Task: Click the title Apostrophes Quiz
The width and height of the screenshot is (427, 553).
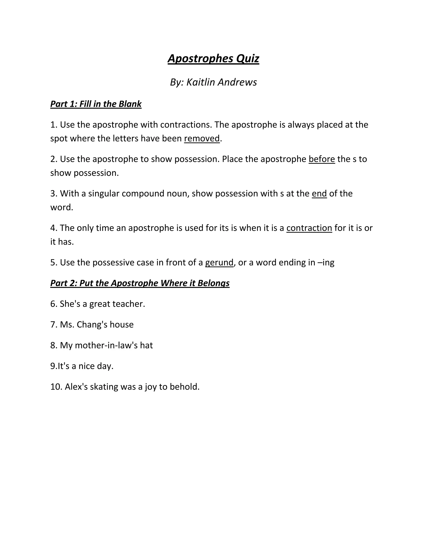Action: [x=213, y=58]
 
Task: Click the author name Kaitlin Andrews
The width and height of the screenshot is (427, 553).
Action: [x=221, y=82]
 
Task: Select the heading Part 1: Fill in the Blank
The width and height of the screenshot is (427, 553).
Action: [x=96, y=104]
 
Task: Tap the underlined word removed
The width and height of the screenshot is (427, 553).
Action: [x=202, y=139]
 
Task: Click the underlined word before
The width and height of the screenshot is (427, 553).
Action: [x=322, y=159]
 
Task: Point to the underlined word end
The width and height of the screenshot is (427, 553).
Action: [x=319, y=193]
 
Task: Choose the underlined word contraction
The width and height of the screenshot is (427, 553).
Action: [x=309, y=228]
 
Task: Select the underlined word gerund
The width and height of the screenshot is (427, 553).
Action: [x=219, y=263]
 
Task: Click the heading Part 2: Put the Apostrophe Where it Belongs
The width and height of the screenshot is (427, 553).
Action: [x=140, y=283]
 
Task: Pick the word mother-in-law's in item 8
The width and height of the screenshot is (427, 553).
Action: [x=106, y=345]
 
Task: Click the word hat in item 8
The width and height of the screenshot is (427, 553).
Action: [x=146, y=345]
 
